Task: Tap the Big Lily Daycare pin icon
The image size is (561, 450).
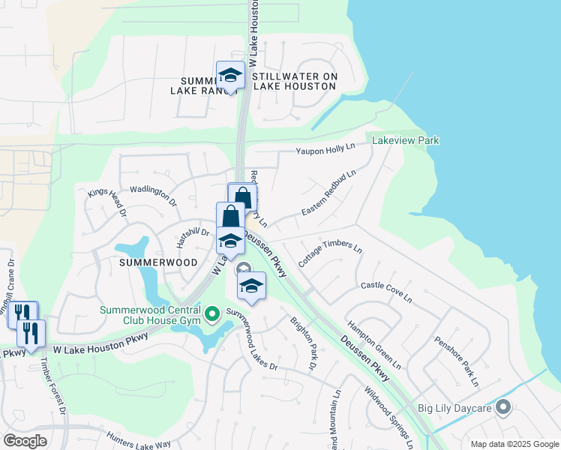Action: coord(502,408)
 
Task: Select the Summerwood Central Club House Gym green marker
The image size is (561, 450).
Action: coord(211,313)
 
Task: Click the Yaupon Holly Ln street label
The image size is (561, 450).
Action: coord(324,148)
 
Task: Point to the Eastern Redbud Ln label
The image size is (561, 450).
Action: coord(328,193)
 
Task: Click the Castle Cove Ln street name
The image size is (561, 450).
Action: coord(386,292)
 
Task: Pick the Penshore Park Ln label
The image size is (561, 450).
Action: coord(456,361)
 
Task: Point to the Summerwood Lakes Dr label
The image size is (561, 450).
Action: coord(252,339)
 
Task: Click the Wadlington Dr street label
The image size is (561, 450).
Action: coord(153,196)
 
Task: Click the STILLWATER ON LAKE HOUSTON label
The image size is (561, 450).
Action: coord(295,82)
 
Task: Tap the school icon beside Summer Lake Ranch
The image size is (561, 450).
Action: coord(230,76)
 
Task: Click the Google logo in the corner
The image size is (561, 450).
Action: coord(25,441)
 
